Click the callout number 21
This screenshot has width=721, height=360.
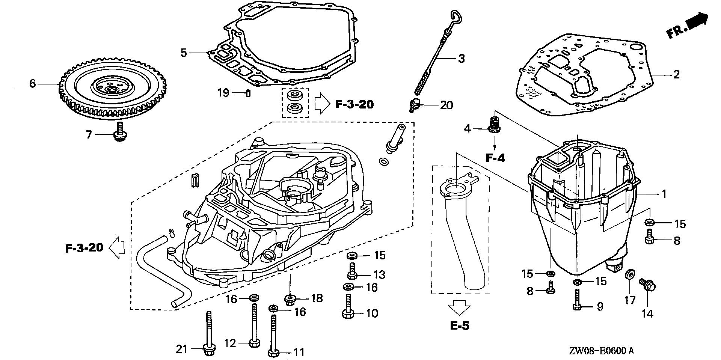coord(181,349)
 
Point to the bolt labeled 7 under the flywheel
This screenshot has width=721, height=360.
coord(121,133)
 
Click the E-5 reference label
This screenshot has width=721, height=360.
coord(460,325)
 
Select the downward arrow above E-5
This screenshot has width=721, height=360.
coord(459,307)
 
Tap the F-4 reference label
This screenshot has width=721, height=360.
coord(495,158)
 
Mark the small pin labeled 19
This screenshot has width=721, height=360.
coord(248,93)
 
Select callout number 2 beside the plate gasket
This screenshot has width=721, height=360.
coord(676,74)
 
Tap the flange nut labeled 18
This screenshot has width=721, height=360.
coord(290,300)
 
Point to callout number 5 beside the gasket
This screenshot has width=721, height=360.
coord(183,53)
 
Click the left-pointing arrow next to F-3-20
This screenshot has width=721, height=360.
coord(117,248)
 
